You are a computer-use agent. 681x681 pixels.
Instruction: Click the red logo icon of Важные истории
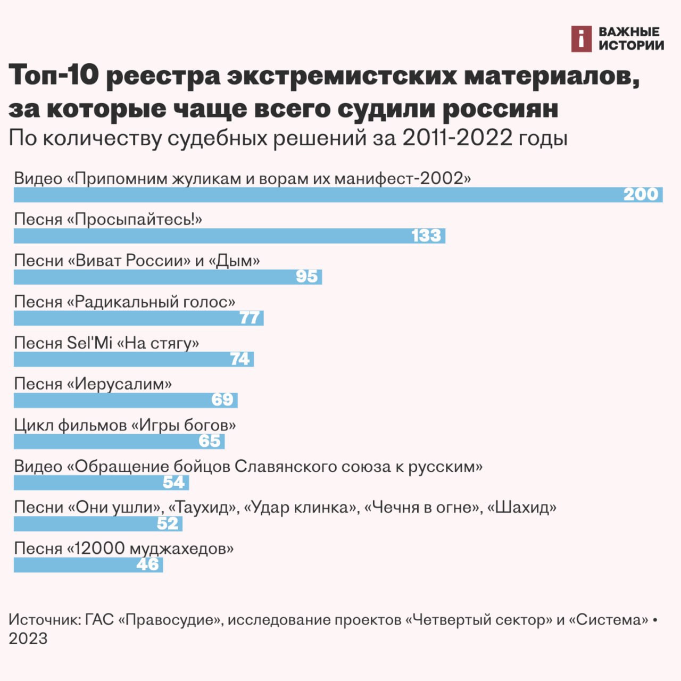click(581, 39)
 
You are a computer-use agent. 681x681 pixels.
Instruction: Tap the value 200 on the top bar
click(641, 194)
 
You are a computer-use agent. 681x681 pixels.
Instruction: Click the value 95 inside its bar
click(307, 277)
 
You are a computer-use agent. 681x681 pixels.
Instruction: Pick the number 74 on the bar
click(240, 359)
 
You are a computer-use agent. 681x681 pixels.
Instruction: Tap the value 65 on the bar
click(210, 441)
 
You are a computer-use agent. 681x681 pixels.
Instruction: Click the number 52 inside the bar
click(168, 524)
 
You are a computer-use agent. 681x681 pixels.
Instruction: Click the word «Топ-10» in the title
click(54, 74)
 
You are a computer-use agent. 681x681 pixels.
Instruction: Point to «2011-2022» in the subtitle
click(457, 138)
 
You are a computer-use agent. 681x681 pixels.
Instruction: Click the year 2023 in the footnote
click(28, 638)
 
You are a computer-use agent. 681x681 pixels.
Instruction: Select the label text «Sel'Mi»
click(89, 343)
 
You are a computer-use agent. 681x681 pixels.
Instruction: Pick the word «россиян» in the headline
click(500, 109)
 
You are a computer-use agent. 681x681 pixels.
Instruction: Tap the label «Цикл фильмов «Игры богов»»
click(124, 425)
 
